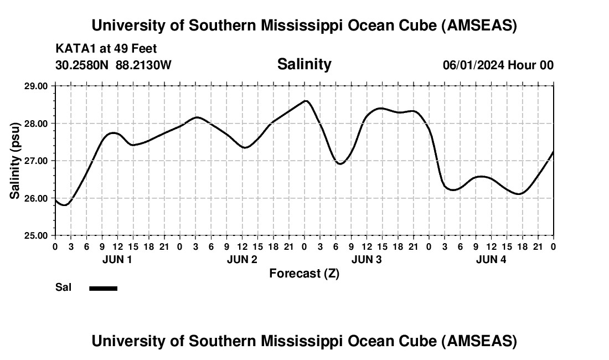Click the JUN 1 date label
click(x=117, y=259)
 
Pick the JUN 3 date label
click(x=367, y=259)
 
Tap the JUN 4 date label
click(x=491, y=259)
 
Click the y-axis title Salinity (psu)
click(x=16, y=160)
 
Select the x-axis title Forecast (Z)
click(x=304, y=273)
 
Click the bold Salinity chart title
click(x=304, y=64)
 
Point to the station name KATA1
click(x=75, y=49)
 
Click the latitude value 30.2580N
click(x=83, y=65)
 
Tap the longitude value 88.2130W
click(x=143, y=65)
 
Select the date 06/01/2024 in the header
click(x=473, y=65)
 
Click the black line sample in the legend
click(x=104, y=288)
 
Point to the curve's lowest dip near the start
click(x=65, y=205)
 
